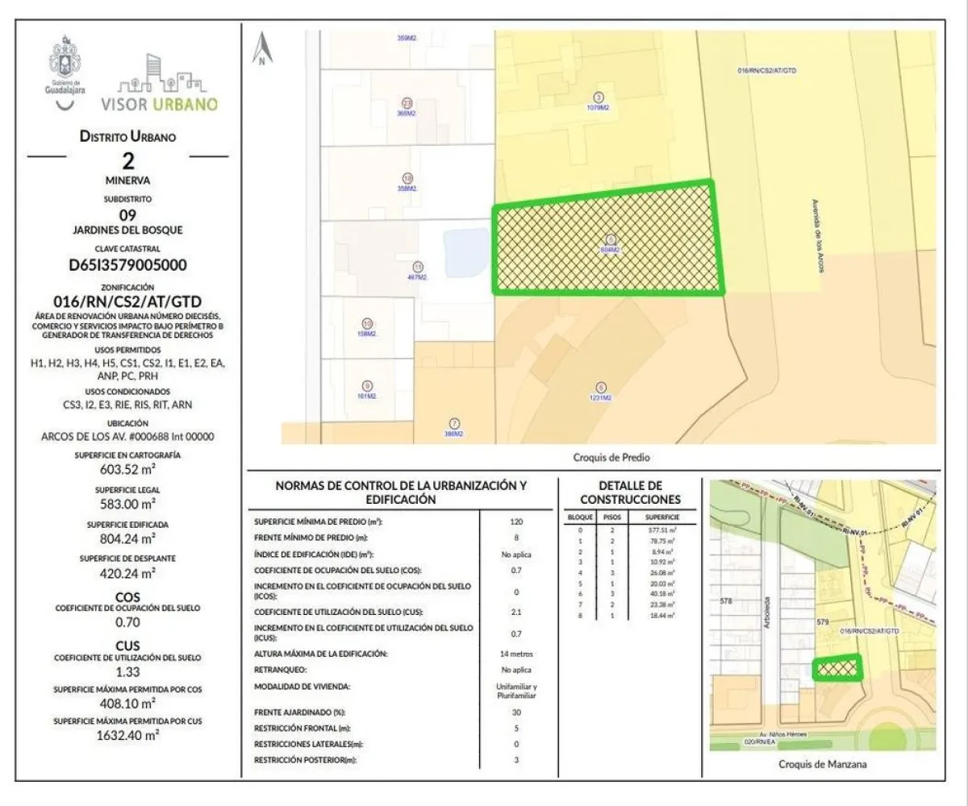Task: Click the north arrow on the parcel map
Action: pos(263,49)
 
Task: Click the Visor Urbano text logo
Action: pos(159,104)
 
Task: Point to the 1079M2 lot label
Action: pos(598,107)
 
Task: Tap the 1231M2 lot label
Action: pos(600,397)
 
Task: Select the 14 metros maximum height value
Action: pos(516,654)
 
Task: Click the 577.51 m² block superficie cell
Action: pos(661,530)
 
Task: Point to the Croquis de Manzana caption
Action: pos(823,764)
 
